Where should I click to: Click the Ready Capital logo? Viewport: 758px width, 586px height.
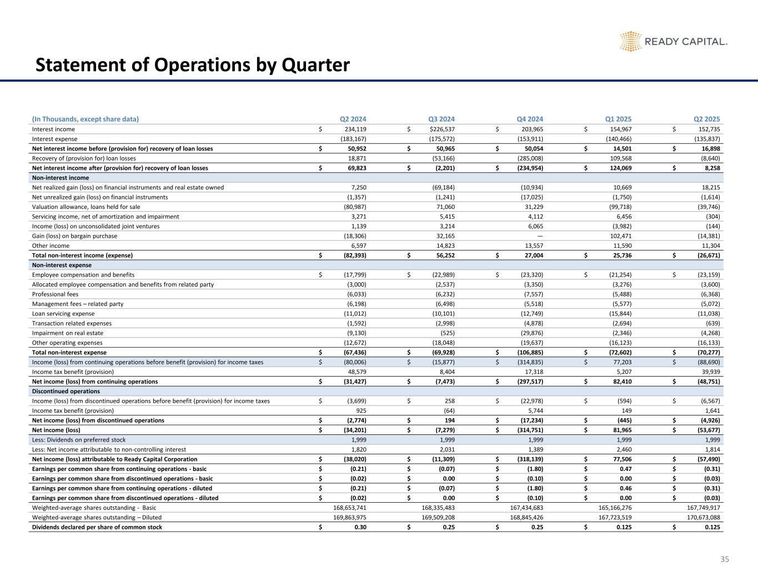pyautogui.click(x=673, y=42)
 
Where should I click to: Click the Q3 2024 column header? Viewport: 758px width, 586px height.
pyautogui.click(x=441, y=119)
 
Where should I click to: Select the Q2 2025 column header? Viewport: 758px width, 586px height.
pyautogui.click(x=707, y=119)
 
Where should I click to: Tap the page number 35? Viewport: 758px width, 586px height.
pyautogui.click(x=724, y=559)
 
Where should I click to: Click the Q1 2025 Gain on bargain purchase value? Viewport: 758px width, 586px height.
pyautogui.click(x=619, y=236)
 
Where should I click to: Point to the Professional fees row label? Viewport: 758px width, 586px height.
pyautogui.click(x=55, y=294)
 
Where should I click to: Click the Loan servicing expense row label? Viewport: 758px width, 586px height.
pyautogui.click(x=63, y=314)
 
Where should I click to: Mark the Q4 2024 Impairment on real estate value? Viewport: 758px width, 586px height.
pyautogui.click(x=529, y=333)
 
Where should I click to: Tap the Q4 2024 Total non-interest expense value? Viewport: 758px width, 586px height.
pyautogui.click(x=526, y=352)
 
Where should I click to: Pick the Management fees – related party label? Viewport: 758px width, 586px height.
pyautogui.click(x=78, y=304)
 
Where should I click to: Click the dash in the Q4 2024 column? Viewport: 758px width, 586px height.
pyautogui.click(x=540, y=236)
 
